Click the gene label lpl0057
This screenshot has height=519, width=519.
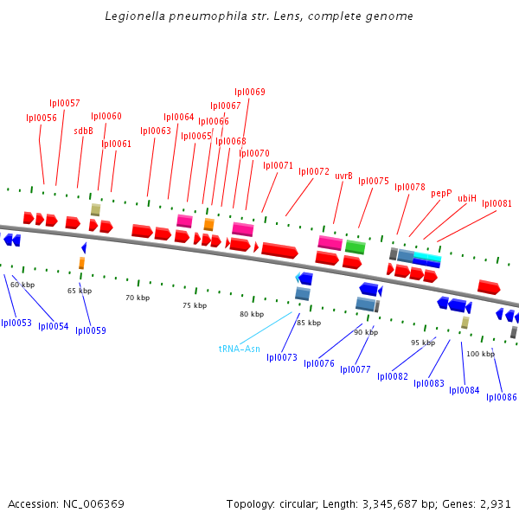tap(65, 103)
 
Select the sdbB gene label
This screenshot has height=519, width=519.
tap(83, 131)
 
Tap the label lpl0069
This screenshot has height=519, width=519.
tap(250, 92)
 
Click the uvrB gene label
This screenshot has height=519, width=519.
tap(343, 176)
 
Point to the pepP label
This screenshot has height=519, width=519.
tap(441, 194)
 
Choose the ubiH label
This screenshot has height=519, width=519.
tap(467, 198)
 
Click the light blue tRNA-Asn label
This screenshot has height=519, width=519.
tap(239, 349)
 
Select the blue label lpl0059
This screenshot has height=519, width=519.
tap(91, 330)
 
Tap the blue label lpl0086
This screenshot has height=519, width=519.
tap(502, 397)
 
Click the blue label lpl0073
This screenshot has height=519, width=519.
tap(282, 357)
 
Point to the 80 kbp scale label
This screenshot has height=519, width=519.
tap(252, 314)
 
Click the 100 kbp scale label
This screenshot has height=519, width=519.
tap(481, 354)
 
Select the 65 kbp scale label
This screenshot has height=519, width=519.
tap(80, 291)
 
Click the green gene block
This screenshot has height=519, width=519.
tap(355, 247)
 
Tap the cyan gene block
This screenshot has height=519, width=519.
tap(427, 258)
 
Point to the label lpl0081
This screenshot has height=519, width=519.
tap(497, 204)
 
